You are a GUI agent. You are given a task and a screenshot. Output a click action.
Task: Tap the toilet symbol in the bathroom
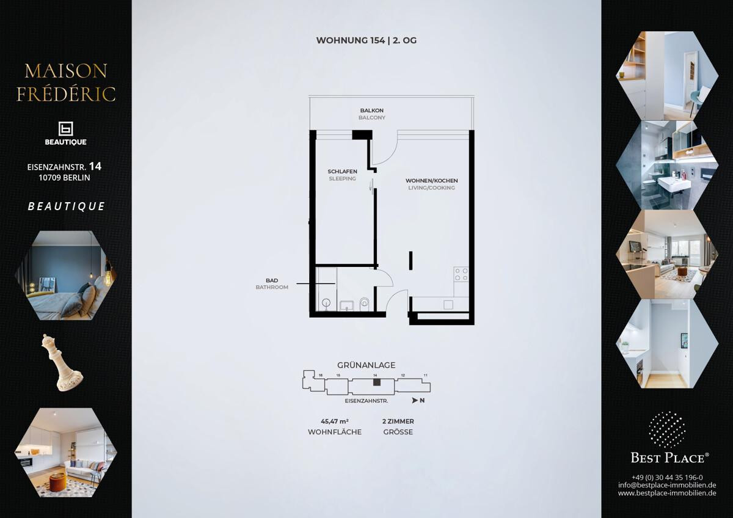coord(364,304)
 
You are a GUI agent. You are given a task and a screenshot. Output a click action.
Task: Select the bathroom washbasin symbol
coord(346,305)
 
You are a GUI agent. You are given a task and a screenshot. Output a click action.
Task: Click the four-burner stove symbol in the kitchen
coord(461,274)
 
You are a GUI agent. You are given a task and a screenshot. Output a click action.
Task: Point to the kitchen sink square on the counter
coord(448,305)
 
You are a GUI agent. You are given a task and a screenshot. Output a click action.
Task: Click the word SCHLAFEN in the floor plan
coord(342,172)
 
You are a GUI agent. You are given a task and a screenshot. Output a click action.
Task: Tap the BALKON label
coord(372,111)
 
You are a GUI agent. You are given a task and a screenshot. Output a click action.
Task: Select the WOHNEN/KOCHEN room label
coord(432,181)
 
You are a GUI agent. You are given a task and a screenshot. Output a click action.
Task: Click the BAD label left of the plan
coord(272,280)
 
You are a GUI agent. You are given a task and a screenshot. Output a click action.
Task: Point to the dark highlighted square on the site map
coord(377,382)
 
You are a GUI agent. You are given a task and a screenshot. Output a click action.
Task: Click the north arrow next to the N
coord(415,400)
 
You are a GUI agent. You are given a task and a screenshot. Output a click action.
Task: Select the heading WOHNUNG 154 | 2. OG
coord(366,40)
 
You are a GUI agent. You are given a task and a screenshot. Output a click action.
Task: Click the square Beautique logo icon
coord(65,129)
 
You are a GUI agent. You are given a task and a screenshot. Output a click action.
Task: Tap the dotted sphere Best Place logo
coord(667,429)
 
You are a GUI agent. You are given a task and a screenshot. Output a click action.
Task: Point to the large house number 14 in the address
coord(95,167)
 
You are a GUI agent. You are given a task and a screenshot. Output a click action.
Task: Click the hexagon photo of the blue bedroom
coord(65,275)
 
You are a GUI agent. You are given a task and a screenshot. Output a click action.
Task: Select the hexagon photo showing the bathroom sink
coord(667,166)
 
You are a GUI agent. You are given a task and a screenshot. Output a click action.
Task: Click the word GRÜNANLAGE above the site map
coord(366,365)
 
